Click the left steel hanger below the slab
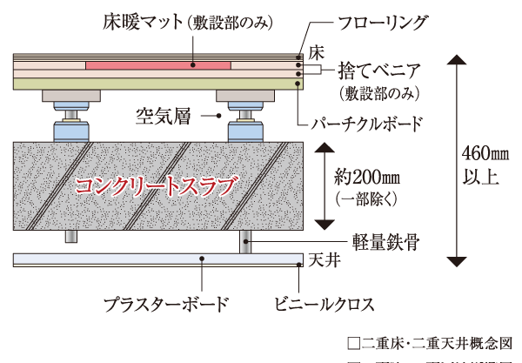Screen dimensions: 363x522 69,238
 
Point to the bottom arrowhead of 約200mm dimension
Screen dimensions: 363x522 324,224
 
